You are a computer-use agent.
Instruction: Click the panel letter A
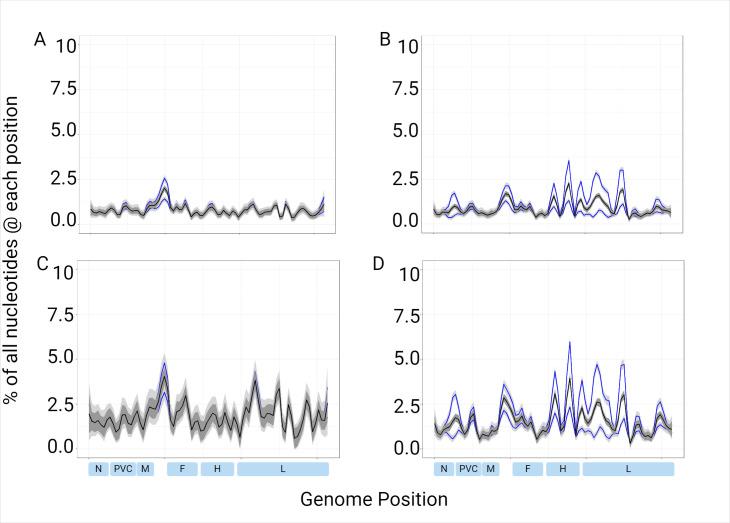[x=40, y=39]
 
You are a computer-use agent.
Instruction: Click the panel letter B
[x=385, y=39]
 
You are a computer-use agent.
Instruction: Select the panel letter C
[x=42, y=264]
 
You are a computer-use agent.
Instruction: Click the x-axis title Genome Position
[x=373, y=498]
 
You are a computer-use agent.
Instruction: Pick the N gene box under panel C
[x=98, y=468]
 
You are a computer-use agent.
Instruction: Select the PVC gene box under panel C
[x=122, y=468]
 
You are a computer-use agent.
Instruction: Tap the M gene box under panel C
[x=145, y=468]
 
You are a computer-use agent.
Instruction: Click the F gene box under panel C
[x=182, y=468]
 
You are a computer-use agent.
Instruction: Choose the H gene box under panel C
[x=217, y=468]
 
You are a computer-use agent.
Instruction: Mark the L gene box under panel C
[x=282, y=468]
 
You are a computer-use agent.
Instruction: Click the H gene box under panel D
[x=562, y=468]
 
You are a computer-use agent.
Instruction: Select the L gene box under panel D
[x=628, y=468]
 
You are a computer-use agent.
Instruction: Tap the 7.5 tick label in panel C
[x=61, y=315]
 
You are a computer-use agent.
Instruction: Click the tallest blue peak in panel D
[x=569, y=342]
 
